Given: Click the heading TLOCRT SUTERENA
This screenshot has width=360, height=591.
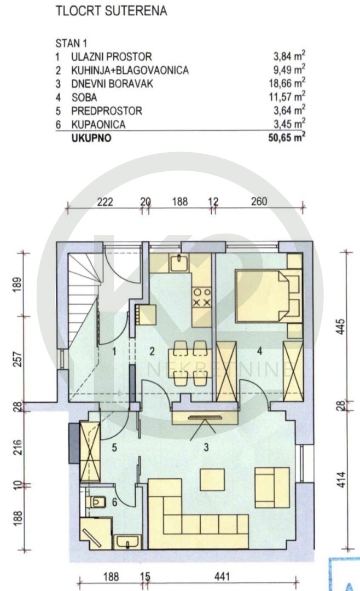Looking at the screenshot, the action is (111, 11).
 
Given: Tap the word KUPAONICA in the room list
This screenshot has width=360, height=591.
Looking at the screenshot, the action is (98, 124).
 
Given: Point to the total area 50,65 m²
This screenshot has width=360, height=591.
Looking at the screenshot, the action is (287, 137).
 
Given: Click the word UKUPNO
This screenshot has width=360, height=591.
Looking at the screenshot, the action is (91, 138).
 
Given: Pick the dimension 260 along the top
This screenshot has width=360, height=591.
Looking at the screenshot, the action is (259, 201).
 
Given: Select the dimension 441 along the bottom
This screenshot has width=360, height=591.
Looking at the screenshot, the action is (222, 577).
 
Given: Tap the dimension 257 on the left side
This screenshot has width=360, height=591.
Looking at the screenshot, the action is (18, 359).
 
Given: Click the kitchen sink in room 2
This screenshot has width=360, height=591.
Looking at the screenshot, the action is (179, 263).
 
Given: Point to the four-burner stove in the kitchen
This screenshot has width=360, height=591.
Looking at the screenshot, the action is (202, 297).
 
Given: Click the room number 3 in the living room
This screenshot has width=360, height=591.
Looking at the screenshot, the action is (206, 448).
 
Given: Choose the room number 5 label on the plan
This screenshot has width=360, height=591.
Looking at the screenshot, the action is (114, 448).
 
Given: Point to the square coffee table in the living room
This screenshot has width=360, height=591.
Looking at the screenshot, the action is (212, 479).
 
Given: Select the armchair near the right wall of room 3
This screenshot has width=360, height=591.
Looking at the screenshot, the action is (272, 488).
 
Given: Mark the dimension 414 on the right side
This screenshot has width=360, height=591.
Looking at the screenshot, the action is (341, 479).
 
